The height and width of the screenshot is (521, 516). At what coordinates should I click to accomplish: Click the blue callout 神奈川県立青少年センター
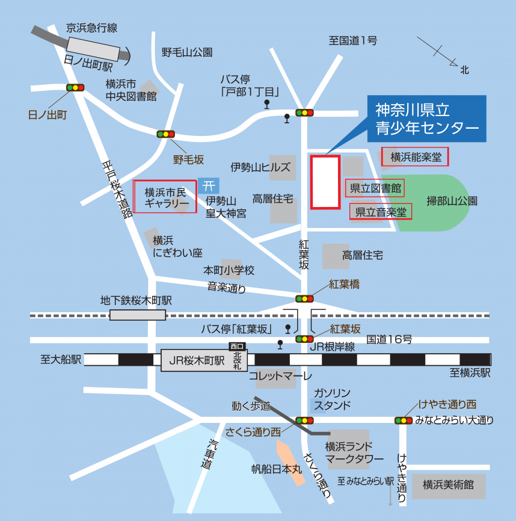coord(426,119)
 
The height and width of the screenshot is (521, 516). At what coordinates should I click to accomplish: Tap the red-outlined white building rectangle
coord(325,182)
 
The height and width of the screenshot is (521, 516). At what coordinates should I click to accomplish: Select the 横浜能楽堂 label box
coord(416,158)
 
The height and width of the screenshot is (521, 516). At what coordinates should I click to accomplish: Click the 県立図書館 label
coord(375,188)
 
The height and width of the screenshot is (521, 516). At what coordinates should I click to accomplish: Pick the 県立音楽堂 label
coord(381,212)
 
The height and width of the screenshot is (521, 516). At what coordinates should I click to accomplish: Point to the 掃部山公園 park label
coord(451,201)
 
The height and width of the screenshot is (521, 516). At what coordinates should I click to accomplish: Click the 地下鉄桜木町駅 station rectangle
coord(137,315)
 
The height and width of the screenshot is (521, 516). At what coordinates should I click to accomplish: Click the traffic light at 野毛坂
coord(165,134)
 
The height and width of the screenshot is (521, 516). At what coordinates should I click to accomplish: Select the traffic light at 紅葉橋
coord(304,298)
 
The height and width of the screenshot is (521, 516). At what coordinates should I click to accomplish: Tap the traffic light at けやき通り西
coord(403,420)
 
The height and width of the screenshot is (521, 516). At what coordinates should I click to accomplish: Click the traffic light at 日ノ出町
coord(75,88)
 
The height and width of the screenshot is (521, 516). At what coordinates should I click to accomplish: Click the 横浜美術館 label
coord(448,484)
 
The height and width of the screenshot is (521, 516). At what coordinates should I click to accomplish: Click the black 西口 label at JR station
coord(238,346)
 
